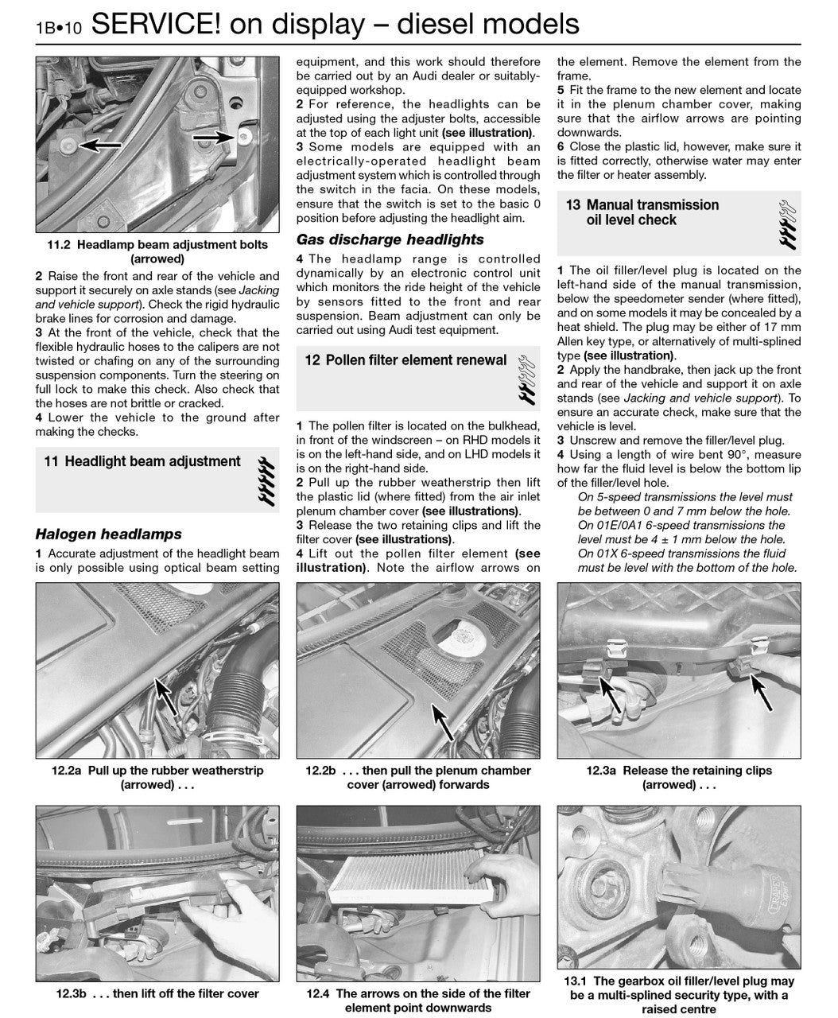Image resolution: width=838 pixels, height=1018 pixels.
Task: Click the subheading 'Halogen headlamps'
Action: tap(108, 534)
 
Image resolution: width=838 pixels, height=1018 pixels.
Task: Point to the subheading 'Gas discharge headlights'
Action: tap(390, 239)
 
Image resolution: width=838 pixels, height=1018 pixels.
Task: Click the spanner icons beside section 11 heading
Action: tap(266, 479)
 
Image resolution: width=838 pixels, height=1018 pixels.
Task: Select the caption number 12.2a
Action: tap(68, 770)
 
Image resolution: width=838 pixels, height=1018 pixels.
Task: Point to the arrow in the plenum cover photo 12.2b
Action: tap(439, 721)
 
